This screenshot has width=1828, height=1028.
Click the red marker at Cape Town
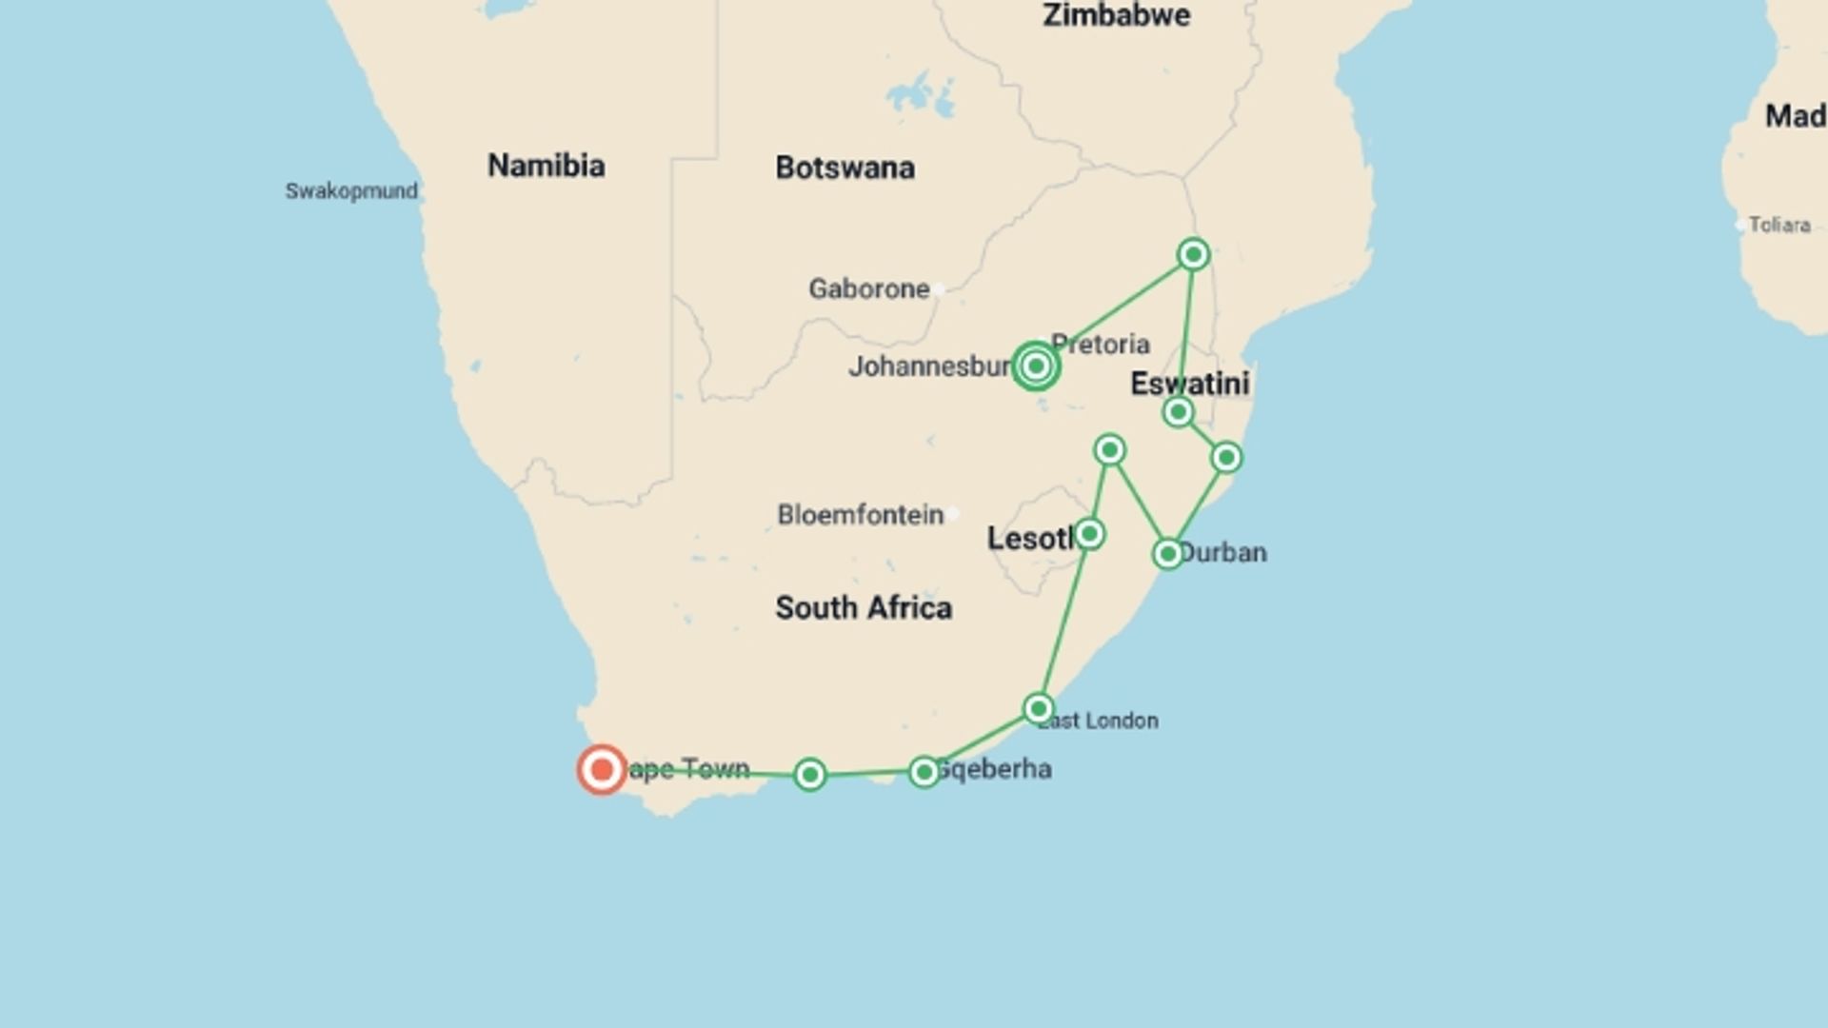coord(602,769)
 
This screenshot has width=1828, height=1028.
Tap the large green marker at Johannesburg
coord(1036,366)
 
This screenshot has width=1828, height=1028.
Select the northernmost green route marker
coord(1193,254)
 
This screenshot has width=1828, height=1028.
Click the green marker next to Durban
coord(1168,554)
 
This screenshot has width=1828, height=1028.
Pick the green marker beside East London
coord(1039,709)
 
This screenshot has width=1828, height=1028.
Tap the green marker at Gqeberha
coord(924,772)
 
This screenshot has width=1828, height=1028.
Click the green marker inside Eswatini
coord(1178,412)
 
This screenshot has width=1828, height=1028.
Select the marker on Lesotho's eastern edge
coord(1089,534)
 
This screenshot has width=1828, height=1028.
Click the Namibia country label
coord(546,166)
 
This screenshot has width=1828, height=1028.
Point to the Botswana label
coord(844,168)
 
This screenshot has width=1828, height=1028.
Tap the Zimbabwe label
coord(1116,15)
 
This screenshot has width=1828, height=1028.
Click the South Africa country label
coord(863,607)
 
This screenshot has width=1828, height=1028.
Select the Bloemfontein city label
coord(860,515)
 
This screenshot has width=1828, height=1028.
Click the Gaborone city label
coord(868,288)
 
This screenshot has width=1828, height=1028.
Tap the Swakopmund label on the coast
coord(351,191)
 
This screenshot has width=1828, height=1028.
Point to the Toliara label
coord(1778,226)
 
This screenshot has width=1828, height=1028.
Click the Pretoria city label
coord(1101,344)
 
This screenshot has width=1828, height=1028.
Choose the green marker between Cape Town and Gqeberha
coord(810,775)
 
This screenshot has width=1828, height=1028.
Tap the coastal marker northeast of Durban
coord(1226,458)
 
